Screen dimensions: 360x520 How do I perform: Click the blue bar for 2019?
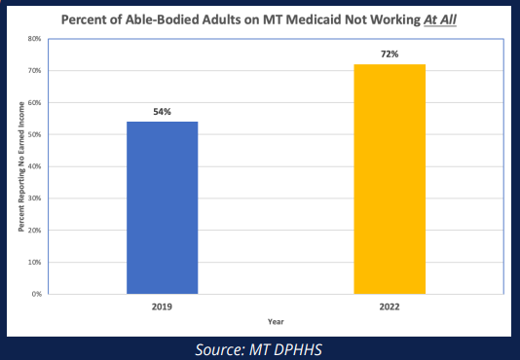[x=163, y=207]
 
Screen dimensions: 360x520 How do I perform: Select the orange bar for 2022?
[x=390, y=179]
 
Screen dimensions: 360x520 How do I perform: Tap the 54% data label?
[x=163, y=112]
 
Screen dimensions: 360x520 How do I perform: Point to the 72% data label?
[x=390, y=54]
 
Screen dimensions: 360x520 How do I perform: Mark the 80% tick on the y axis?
[x=33, y=40]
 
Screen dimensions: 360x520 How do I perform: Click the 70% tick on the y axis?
[x=33, y=71]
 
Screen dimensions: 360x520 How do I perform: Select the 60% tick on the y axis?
[x=33, y=103]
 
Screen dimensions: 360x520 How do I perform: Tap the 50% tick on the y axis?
[x=33, y=134]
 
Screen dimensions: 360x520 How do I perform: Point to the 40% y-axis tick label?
[x=33, y=166]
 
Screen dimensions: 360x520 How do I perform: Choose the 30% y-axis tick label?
[x=33, y=198]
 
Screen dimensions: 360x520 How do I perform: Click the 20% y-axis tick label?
[x=33, y=230]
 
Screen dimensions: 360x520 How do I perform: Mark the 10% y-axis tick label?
[x=33, y=262]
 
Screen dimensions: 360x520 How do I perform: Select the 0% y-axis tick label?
[x=35, y=293]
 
